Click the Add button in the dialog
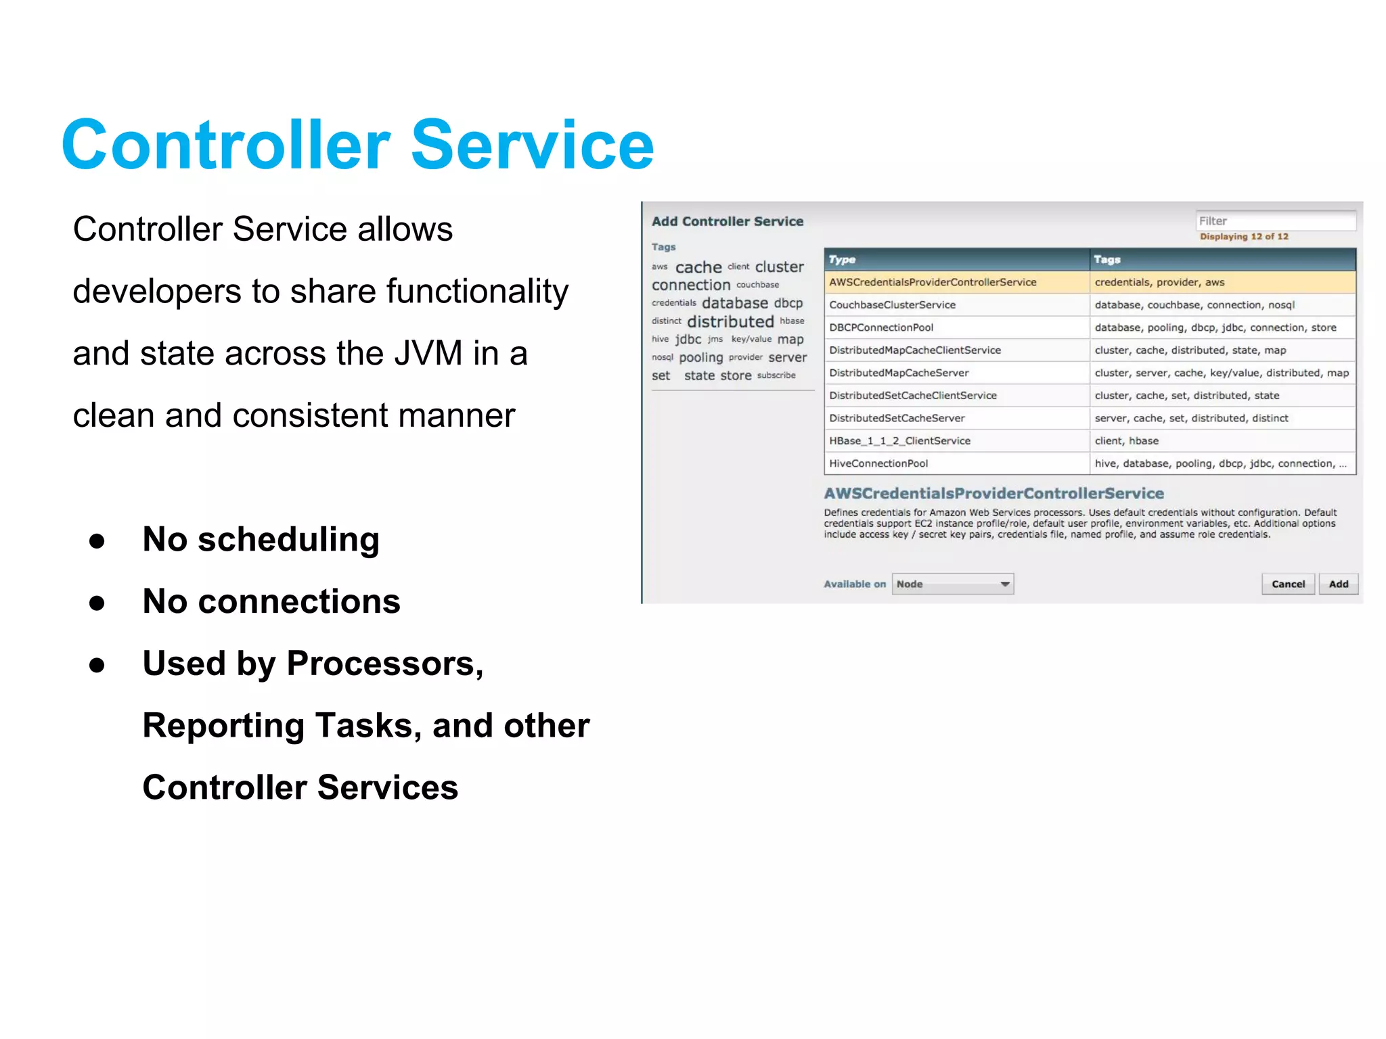click(1338, 584)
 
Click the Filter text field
click(1275, 221)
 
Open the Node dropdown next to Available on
click(952, 584)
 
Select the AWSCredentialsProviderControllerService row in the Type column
click(933, 282)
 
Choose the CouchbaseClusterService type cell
click(892, 305)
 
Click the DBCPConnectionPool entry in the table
click(881, 327)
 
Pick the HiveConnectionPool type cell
click(878, 463)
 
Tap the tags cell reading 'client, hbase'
click(1126, 441)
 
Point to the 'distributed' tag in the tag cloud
click(730, 322)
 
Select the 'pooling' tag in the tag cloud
click(700, 358)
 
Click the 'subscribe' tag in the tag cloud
click(776, 375)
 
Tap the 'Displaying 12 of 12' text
click(1244, 237)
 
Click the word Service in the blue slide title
click(532, 145)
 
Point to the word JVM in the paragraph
click(428, 354)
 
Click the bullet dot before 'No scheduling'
click(97, 541)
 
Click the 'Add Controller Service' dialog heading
click(728, 221)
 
